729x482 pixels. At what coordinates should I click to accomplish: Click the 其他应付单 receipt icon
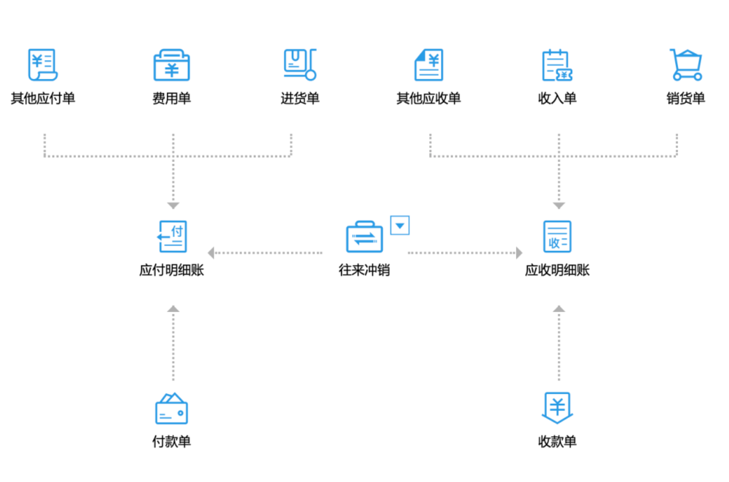(43, 65)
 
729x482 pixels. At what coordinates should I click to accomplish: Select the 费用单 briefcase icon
(172, 65)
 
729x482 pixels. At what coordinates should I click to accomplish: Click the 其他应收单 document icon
(429, 65)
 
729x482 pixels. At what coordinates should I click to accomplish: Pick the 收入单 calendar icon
(557, 65)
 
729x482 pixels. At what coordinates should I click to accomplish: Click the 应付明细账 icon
(172, 237)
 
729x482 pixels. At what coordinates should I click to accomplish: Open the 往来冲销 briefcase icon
(364, 237)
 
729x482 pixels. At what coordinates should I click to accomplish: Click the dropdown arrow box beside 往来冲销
(399, 225)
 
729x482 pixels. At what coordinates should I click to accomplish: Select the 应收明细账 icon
(557, 237)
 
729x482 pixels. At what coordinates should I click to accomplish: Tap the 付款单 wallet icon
(172, 408)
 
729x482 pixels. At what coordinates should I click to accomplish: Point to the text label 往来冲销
(364, 270)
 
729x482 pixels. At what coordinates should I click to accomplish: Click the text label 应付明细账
(172, 270)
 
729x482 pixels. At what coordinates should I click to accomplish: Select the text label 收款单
(557, 442)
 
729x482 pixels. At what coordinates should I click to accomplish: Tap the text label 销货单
(686, 98)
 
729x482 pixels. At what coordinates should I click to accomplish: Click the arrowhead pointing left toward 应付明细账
(211, 253)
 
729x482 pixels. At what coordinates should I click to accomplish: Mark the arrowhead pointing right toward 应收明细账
(520, 253)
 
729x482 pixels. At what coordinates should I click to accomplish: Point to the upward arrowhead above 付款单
(173, 309)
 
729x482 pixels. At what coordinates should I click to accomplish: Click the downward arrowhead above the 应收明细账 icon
(559, 206)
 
